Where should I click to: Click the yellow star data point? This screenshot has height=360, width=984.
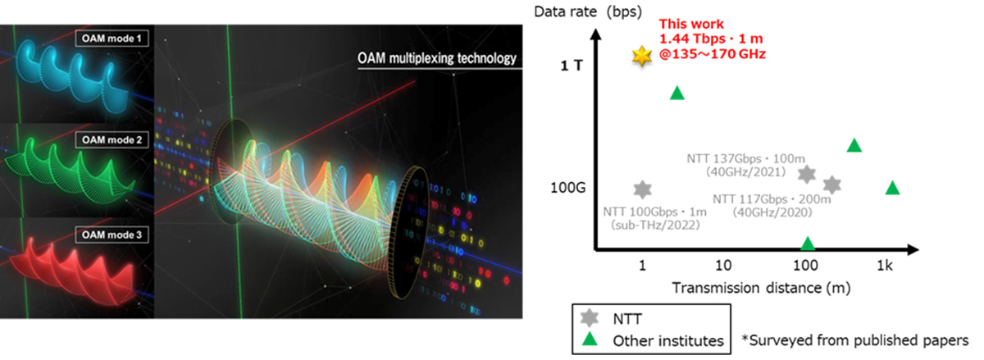point(641,56)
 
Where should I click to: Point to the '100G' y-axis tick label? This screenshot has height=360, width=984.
point(568,188)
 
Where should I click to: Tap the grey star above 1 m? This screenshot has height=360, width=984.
point(642,189)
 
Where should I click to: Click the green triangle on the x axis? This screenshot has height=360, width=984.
point(808,244)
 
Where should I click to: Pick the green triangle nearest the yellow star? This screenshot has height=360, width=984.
point(676,93)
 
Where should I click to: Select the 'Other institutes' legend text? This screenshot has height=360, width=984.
point(667,339)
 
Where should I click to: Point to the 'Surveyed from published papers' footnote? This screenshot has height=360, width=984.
point(855,339)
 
